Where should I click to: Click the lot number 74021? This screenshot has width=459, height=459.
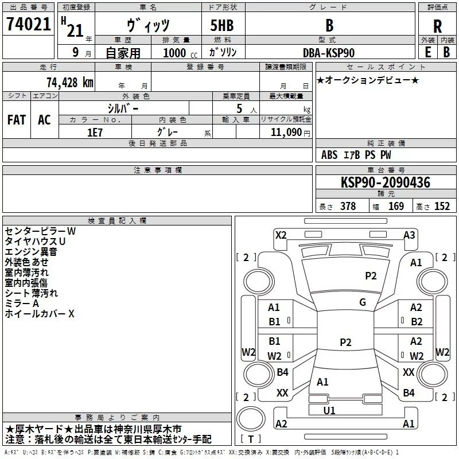click(x=28, y=24)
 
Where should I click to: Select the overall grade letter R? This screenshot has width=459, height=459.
click(x=437, y=26)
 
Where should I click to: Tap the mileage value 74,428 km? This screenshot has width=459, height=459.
click(x=70, y=82)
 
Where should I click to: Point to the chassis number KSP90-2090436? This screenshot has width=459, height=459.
click(x=386, y=182)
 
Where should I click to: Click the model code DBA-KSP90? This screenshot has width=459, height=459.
click(x=329, y=53)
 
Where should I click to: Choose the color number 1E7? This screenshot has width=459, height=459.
click(x=95, y=133)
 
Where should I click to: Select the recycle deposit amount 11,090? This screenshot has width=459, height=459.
click(x=286, y=133)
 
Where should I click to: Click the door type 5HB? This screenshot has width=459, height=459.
click(x=222, y=25)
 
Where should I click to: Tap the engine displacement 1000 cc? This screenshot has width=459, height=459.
click(x=180, y=53)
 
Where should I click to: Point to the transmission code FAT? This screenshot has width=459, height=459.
click(x=17, y=120)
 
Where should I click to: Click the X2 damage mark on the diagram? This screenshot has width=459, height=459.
click(x=281, y=235)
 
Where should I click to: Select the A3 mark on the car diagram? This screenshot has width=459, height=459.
click(x=409, y=235)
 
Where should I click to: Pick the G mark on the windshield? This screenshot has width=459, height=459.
click(x=363, y=302)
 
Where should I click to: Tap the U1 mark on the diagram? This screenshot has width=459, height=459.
click(x=329, y=411)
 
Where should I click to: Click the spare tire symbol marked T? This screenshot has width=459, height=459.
click(x=251, y=419)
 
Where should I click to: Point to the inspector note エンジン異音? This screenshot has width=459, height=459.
click(x=31, y=252)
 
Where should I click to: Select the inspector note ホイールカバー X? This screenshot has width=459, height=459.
click(x=40, y=314)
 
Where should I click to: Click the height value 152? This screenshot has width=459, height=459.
click(x=442, y=207)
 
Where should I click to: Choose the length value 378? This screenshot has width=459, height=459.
click(x=348, y=207)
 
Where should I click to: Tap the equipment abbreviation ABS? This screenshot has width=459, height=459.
click(x=329, y=155)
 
